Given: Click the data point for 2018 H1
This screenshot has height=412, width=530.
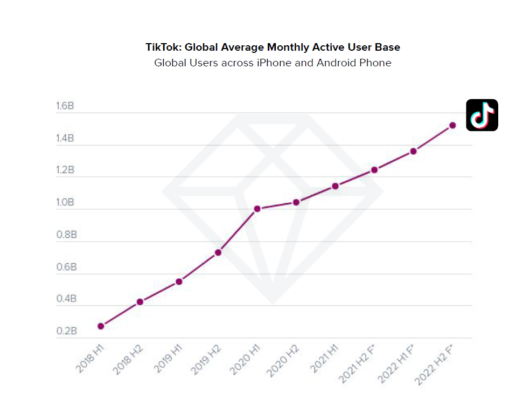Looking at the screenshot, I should click(x=101, y=326).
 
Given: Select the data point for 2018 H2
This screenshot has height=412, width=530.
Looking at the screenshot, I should click(x=140, y=302).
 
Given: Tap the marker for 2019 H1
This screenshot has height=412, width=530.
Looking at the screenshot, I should click(x=179, y=281).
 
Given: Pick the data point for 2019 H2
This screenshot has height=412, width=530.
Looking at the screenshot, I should click(x=218, y=252).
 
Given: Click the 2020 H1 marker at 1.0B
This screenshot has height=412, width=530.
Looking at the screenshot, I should click(x=257, y=209).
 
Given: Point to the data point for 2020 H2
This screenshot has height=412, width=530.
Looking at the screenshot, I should click(x=296, y=202).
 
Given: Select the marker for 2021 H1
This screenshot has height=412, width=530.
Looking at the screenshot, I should click(x=335, y=186).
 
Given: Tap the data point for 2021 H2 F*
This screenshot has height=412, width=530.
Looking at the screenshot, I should click(x=374, y=170).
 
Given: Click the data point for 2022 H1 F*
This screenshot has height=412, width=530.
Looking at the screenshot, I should click(x=413, y=151).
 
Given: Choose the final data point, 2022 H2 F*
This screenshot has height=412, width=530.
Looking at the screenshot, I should click(x=452, y=125).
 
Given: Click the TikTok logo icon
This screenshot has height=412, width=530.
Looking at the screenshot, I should click(x=482, y=115).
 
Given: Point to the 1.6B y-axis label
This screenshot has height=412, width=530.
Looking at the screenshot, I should click(x=65, y=106).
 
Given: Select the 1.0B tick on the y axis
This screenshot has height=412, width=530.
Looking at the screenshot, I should click(x=65, y=203).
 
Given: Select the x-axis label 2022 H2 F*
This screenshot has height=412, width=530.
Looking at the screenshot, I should click(x=436, y=365).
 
